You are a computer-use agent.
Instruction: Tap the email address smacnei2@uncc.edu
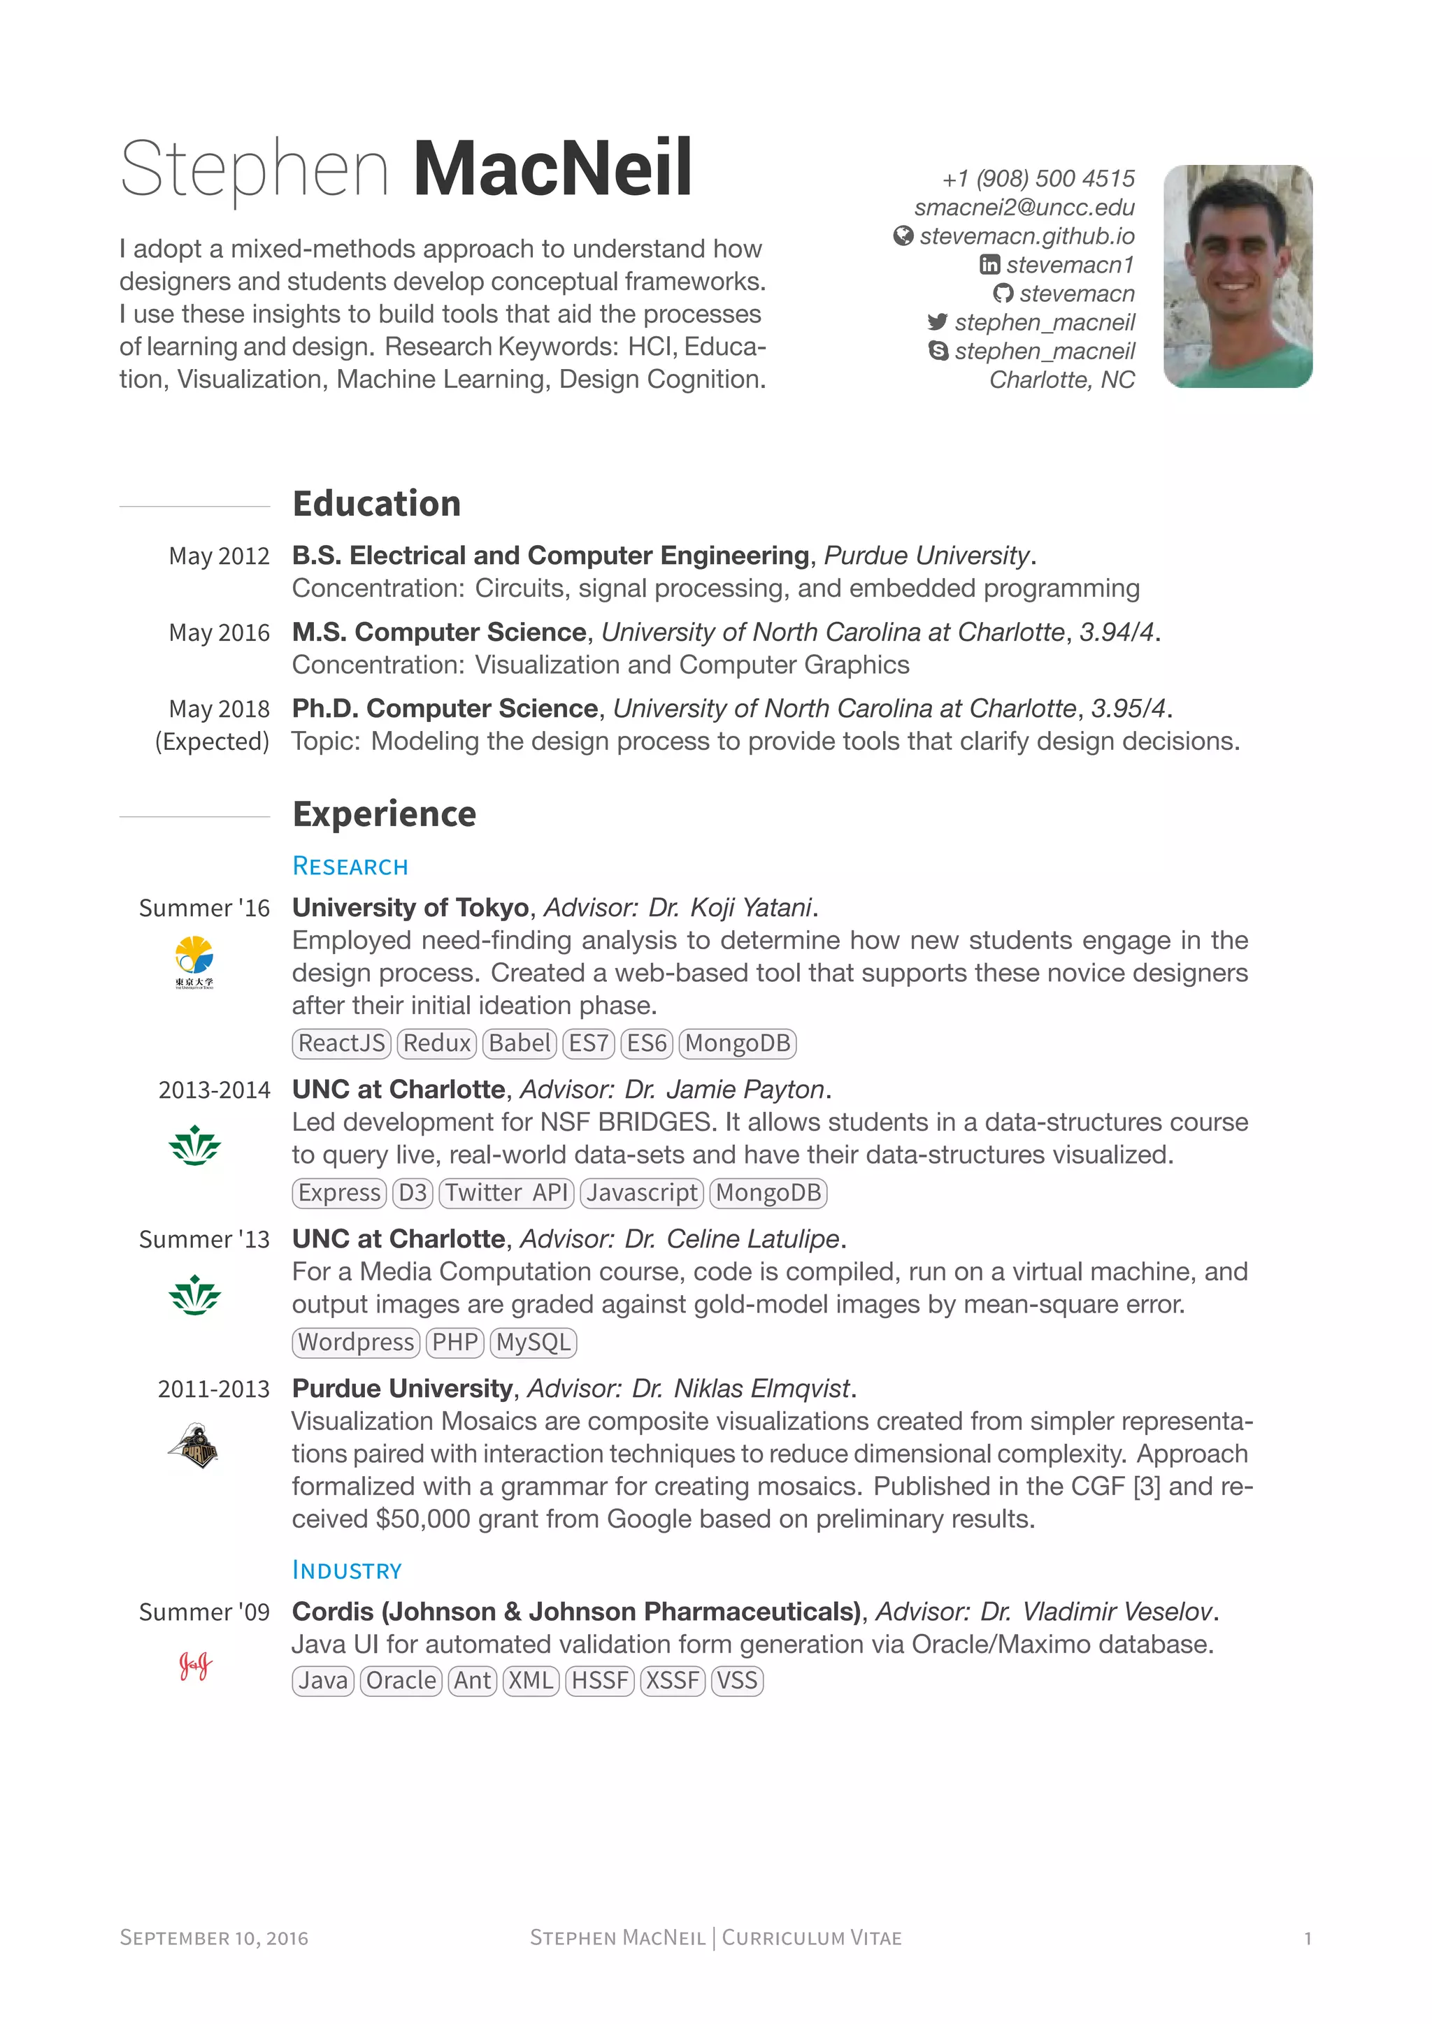click(x=1024, y=208)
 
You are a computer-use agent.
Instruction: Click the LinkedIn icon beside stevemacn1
click(x=989, y=264)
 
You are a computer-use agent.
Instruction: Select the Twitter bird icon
click(x=938, y=321)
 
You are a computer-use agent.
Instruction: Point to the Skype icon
click(x=938, y=351)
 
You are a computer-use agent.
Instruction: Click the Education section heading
click(x=376, y=504)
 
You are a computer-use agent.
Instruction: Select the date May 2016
click(x=219, y=633)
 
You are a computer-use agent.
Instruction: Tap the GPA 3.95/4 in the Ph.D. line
click(x=1128, y=709)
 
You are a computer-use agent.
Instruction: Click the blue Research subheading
click(x=350, y=867)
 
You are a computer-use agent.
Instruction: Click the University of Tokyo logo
click(x=194, y=962)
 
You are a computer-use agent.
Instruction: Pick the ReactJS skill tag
click(x=341, y=1043)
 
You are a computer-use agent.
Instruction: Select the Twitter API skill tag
click(x=506, y=1193)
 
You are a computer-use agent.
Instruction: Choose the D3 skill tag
click(x=413, y=1193)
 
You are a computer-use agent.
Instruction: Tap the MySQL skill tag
click(x=533, y=1343)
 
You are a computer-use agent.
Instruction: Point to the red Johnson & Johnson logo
click(x=195, y=1665)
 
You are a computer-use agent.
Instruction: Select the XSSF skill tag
click(x=672, y=1681)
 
